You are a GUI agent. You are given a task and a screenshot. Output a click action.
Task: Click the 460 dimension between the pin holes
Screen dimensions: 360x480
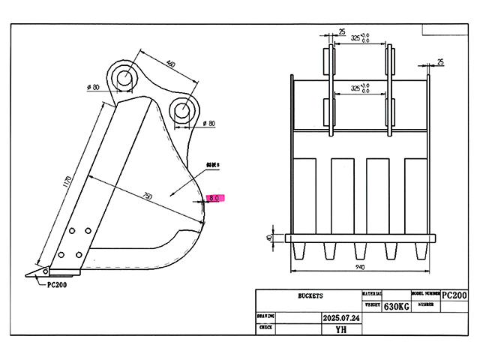coord(170,64)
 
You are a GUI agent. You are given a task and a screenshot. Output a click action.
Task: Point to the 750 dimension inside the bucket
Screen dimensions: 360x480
coord(147,196)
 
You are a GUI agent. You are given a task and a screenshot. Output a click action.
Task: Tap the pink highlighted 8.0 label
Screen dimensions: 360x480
coord(214,199)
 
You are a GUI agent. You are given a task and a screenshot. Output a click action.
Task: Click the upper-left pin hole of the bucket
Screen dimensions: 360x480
coord(124,76)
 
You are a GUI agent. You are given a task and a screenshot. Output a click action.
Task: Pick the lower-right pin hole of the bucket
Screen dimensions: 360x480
coord(182,109)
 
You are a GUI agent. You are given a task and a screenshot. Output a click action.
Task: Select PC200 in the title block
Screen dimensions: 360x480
coord(454,295)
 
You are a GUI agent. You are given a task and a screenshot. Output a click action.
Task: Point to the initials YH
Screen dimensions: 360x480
coord(341,328)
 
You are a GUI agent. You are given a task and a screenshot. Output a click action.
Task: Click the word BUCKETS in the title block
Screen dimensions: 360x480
coord(309,295)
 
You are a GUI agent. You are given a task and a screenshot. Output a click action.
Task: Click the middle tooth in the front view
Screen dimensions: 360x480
coord(361,250)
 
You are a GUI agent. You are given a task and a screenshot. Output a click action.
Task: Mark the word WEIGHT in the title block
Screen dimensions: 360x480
coord(372,305)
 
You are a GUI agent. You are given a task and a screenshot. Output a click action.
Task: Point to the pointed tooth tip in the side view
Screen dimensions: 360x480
coord(28,274)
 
